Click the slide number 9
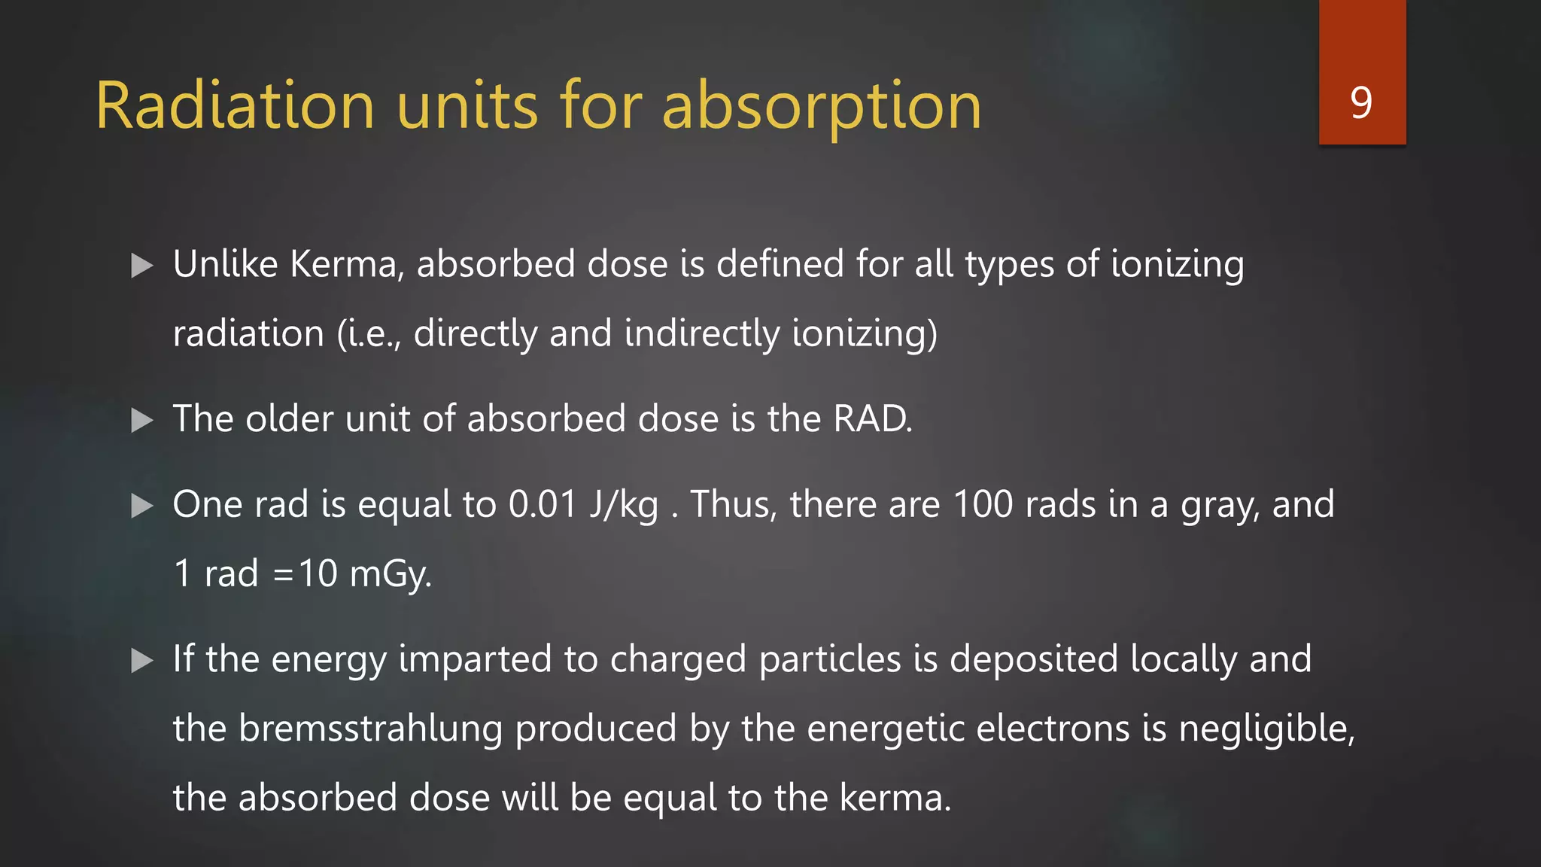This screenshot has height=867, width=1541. [1361, 102]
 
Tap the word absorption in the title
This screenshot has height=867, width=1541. [822, 107]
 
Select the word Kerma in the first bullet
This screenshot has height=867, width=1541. [343, 264]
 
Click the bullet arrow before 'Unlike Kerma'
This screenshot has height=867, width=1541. [141, 266]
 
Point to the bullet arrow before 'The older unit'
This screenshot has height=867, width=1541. [141, 420]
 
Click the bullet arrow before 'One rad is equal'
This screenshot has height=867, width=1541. [141, 506]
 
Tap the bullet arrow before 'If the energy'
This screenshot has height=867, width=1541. [141, 660]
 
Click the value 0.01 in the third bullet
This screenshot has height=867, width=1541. [543, 504]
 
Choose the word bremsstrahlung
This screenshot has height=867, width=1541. [370, 729]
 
